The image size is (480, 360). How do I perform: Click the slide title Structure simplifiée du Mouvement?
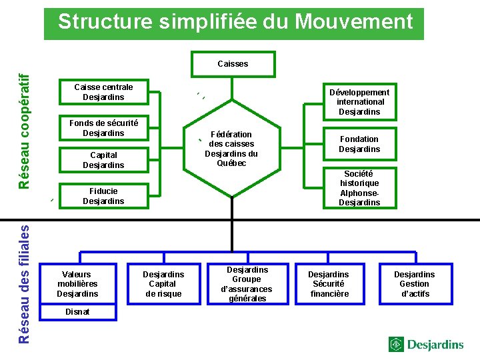[235, 23]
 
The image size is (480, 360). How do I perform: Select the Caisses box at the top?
[233, 64]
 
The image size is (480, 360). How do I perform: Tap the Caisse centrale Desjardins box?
[103, 92]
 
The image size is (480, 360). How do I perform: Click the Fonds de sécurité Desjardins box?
[103, 128]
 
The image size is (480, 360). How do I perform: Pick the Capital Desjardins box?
[103, 161]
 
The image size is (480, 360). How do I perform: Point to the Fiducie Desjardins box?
[103, 196]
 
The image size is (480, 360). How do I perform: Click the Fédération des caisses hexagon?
[231, 149]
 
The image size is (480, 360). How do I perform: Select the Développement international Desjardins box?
[359, 102]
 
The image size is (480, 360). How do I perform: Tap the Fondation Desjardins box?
[359, 144]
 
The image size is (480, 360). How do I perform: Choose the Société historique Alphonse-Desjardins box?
[359, 188]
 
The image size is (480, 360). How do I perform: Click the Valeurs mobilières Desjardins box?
[77, 284]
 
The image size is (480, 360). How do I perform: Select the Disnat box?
[77, 312]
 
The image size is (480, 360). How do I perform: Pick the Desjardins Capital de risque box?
[163, 284]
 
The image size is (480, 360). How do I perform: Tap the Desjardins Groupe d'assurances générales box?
[247, 284]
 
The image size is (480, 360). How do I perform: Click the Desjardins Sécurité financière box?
[328, 284]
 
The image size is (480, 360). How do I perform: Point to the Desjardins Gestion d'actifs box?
[414, 284]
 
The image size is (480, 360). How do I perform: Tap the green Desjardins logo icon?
[397, 345]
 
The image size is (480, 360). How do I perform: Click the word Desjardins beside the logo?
[435, 345]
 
